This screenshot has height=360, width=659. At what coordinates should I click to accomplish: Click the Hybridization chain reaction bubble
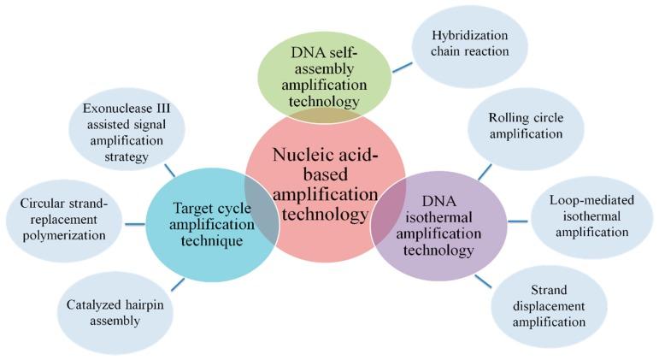tap(469, 45)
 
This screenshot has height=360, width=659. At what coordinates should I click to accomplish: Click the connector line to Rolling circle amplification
tap(485, 171)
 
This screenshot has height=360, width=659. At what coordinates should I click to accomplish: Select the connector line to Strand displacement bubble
tap(483, 280)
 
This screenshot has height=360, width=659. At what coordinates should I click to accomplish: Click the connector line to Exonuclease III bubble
tap(170, 170)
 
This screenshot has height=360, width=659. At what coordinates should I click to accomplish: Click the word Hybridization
tap(469, 36)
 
